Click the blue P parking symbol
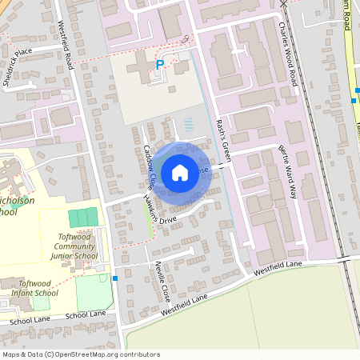click(159, 65)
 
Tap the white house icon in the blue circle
click(180, 171)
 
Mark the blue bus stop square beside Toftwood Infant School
click(115, 278)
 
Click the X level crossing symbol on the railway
click(283, 3)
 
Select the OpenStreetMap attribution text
click(81, 354)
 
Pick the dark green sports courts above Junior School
click(83, 217)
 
